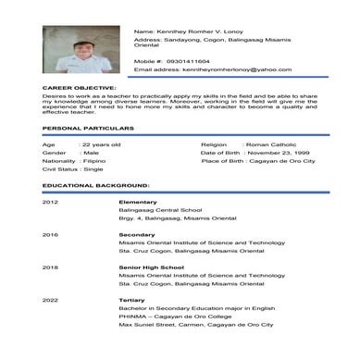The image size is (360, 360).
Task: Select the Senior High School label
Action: click(x=148, y=267)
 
